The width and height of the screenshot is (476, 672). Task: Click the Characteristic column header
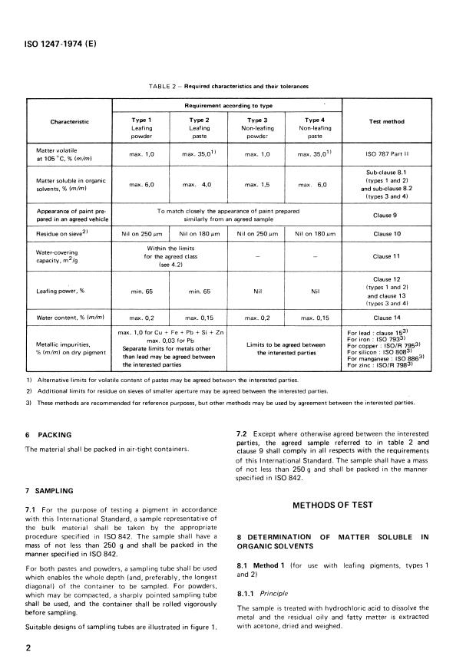point(69,121)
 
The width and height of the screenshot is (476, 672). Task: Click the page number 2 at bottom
point(28,647)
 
